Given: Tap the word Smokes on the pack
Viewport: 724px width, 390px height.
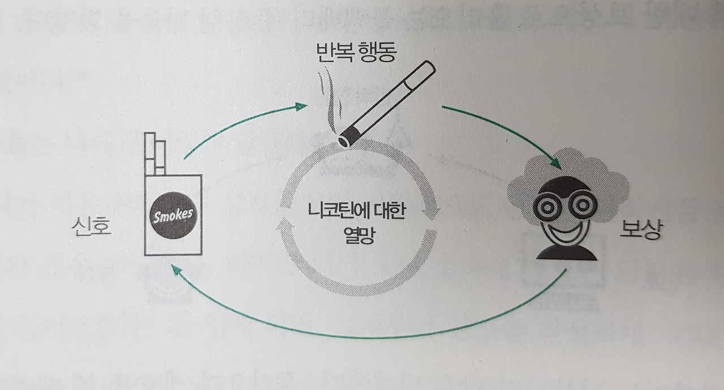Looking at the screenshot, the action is click(x=173, y=216).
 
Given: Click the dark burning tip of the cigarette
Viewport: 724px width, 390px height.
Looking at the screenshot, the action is click(x=346, y=138).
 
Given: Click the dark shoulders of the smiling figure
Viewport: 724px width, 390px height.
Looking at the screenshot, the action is click(x=566, y=252).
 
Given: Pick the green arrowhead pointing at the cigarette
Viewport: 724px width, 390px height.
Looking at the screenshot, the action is click(x=301, y=106).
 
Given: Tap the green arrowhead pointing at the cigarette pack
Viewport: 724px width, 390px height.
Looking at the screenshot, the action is click(x=176, y=271).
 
